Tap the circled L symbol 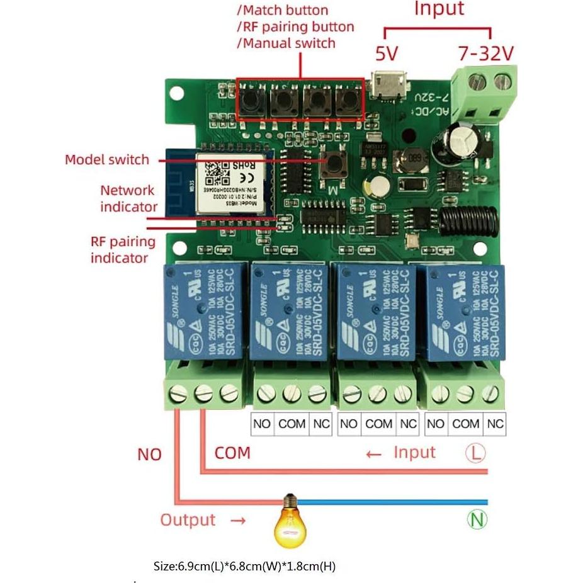[475, 453]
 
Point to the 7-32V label [485, 54]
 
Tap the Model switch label [107, 160]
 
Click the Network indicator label [128, 198]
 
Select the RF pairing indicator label [123, 249]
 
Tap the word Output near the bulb [188, 520]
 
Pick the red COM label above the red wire [232, 453]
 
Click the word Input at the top [439, 9]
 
